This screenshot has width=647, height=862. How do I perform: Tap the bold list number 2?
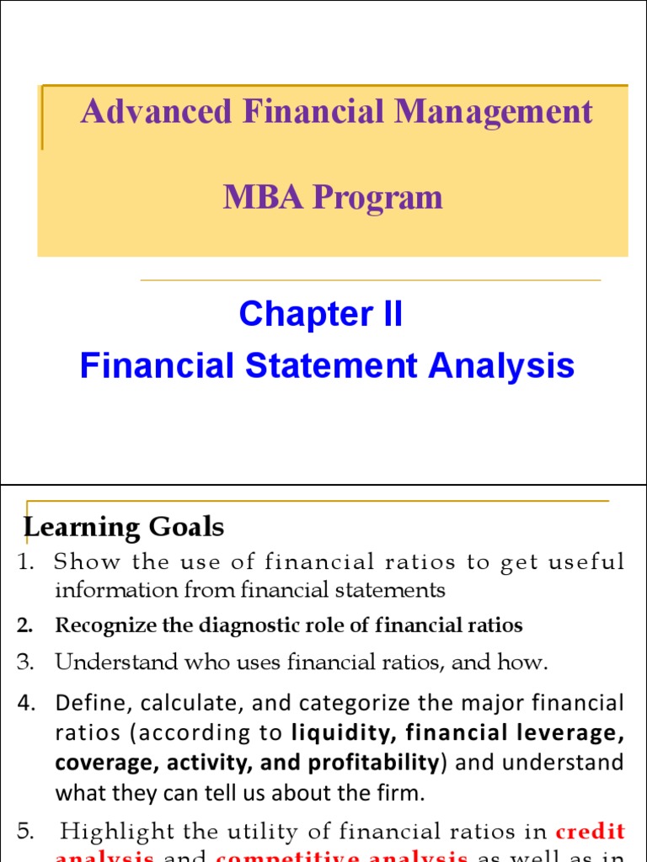click(x=24, y=625)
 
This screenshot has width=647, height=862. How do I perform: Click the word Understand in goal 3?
click(x=108, y=663)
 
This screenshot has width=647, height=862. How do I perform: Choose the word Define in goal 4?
click(x=85, y=702)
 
